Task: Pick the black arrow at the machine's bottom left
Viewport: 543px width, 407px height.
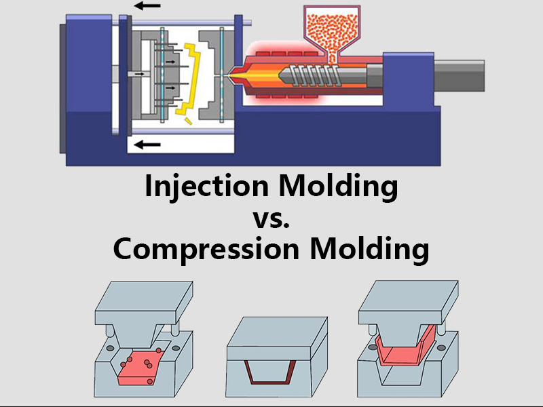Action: (147, 144)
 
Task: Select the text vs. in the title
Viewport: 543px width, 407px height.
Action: (271, 218)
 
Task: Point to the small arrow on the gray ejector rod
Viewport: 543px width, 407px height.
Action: (140, 74)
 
